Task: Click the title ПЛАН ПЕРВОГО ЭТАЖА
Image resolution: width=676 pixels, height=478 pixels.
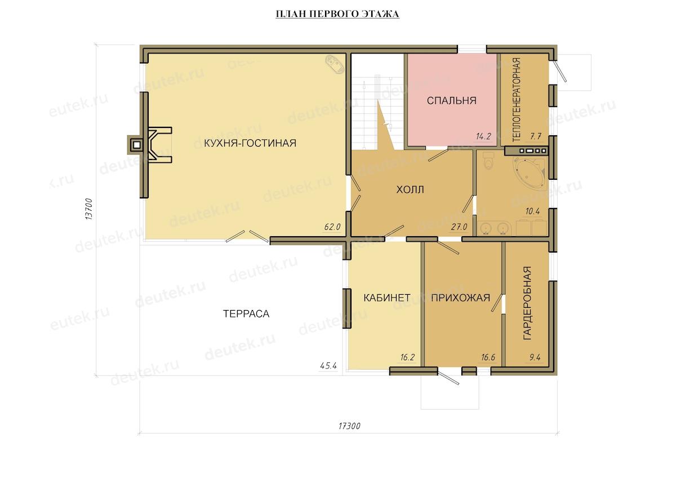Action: point(337,14)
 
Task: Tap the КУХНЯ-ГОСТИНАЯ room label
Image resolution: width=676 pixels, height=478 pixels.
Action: point(250,143)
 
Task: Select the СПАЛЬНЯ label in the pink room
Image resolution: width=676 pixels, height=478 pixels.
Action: point(451,100)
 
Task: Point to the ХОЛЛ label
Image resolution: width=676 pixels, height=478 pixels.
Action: point(410,189)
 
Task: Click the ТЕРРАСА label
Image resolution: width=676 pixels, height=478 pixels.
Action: point(246,314)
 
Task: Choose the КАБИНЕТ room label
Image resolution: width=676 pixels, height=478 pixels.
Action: point(387,298)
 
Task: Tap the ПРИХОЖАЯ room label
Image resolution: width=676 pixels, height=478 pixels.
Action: point(461,298)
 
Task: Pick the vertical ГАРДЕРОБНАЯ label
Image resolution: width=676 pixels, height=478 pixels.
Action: point(527,303)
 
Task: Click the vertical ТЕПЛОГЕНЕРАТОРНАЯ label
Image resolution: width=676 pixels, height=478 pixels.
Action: point(517,100)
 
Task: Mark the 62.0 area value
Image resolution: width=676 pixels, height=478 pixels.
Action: point(332,227)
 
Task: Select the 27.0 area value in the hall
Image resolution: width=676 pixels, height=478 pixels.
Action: point(459,227)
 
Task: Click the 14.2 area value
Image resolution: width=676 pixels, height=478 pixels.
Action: point(483,136)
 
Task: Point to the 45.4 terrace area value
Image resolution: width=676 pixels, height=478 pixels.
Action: point(328,366)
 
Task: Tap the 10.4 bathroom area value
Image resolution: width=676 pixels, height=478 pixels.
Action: point(533,211)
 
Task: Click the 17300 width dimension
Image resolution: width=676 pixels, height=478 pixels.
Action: point(349,426)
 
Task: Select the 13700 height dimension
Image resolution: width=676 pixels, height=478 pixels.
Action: point(89,209)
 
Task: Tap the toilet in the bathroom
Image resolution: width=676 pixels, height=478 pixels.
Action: point(488,161)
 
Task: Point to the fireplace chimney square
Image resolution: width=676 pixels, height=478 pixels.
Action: point(137,145)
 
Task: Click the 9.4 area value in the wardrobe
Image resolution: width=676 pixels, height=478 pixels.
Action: point(535,357)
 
